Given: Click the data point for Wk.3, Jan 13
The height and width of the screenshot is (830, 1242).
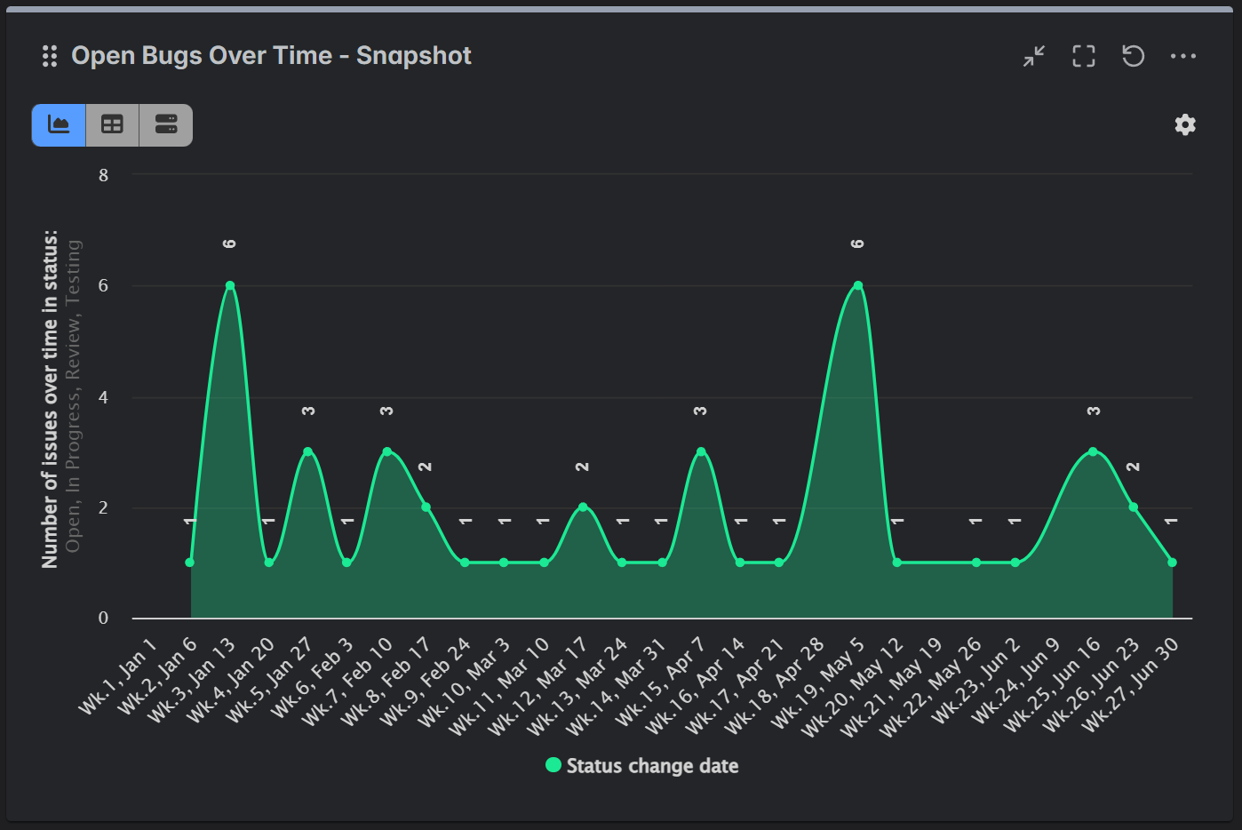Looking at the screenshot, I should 229,285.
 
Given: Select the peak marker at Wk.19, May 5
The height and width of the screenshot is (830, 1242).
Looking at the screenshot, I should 857,285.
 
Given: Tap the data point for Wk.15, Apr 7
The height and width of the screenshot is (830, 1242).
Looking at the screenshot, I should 701,451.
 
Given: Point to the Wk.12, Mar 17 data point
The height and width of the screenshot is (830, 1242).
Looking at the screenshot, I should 583,507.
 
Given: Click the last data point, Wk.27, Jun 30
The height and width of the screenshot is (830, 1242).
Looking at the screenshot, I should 1172,563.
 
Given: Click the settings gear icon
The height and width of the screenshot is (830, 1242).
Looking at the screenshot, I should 1185,124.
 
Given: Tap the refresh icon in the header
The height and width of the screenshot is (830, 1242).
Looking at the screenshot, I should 1133,56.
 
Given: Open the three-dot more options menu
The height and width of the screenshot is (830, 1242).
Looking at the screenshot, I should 1182,56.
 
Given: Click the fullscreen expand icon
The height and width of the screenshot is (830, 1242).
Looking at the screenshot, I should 1083,56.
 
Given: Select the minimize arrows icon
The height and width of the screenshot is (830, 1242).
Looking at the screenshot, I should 1033,56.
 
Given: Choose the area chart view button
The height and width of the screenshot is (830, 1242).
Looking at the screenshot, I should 59,124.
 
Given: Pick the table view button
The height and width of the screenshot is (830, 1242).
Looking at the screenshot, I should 112,124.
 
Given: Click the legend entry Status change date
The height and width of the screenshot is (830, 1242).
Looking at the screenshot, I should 642,766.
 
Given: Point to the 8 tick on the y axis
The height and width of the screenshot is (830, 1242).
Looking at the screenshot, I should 104,175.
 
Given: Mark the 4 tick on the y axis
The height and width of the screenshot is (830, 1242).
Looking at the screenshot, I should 104,397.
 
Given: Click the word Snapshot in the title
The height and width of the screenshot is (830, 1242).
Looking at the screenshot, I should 413,56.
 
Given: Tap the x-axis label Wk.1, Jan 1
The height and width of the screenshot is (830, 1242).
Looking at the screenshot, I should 119,676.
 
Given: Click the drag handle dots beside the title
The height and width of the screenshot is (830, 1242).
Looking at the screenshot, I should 50,57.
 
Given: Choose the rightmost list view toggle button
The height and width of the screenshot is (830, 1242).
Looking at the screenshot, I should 166,124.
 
